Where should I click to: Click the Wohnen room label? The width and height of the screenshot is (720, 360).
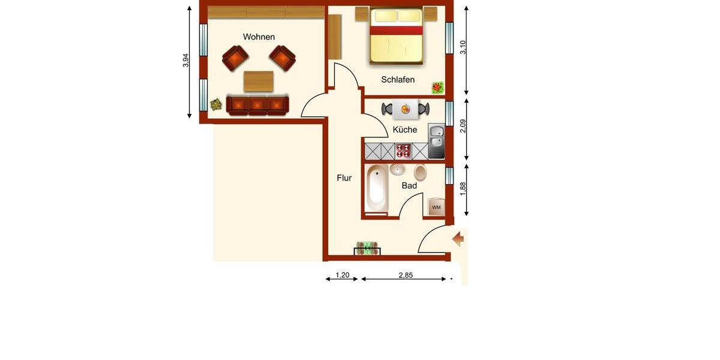point(259,37)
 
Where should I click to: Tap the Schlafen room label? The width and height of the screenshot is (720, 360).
point(398,80)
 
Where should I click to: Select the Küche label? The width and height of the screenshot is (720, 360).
point(405,130)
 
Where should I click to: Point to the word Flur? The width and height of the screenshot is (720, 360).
point(344,178)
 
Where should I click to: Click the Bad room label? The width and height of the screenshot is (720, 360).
point(409,186)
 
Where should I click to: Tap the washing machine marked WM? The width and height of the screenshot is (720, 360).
point(436,206)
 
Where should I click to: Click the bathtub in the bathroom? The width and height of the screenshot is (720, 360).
point(376,188)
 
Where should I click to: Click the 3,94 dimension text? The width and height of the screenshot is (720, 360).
point(186,61)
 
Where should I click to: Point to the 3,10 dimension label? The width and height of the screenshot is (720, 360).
point(463,47)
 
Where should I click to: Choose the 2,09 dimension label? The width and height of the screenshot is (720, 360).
point(463,127)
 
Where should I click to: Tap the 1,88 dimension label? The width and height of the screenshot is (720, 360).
point(463,188)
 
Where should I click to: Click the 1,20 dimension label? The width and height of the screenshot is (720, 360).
point(342,275)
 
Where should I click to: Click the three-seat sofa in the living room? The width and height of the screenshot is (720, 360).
point(257,105)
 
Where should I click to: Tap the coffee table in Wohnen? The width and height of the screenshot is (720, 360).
point(259,80)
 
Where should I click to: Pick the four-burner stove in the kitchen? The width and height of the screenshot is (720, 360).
point(403,151)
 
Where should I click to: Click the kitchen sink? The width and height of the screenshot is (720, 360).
point(436,140)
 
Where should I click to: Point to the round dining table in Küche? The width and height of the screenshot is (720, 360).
point(405,109)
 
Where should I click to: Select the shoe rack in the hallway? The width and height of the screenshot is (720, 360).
point(367,248)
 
